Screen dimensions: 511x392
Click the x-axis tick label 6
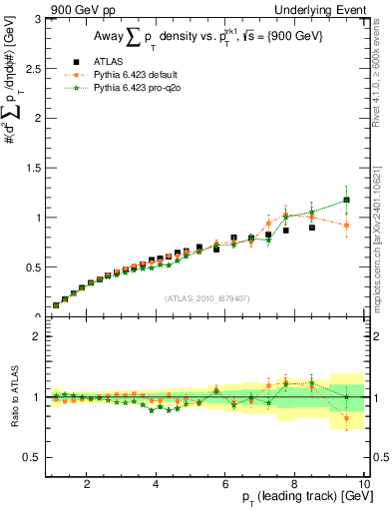(225, 484)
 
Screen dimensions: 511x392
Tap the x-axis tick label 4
(156, 484)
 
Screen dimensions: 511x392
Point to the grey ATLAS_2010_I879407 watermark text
(205, 297)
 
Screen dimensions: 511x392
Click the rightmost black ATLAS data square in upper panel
(347, 201)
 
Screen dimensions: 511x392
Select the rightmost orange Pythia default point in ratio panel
(347, 417)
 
